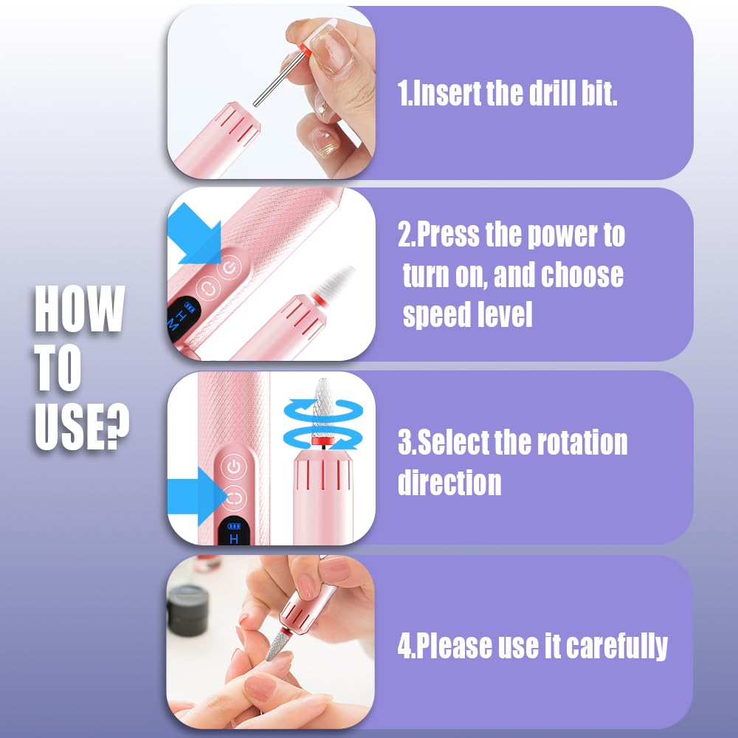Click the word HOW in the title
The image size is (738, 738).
click(x=79, y=310)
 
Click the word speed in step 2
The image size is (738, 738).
click(x=436, y=315)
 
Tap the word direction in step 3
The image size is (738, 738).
click(x=449, y=483)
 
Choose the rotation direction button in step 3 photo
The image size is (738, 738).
click(x=234, y=498)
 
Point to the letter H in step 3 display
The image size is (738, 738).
click(x=235, y=539)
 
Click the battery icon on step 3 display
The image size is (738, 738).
click(x=235, y=526)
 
